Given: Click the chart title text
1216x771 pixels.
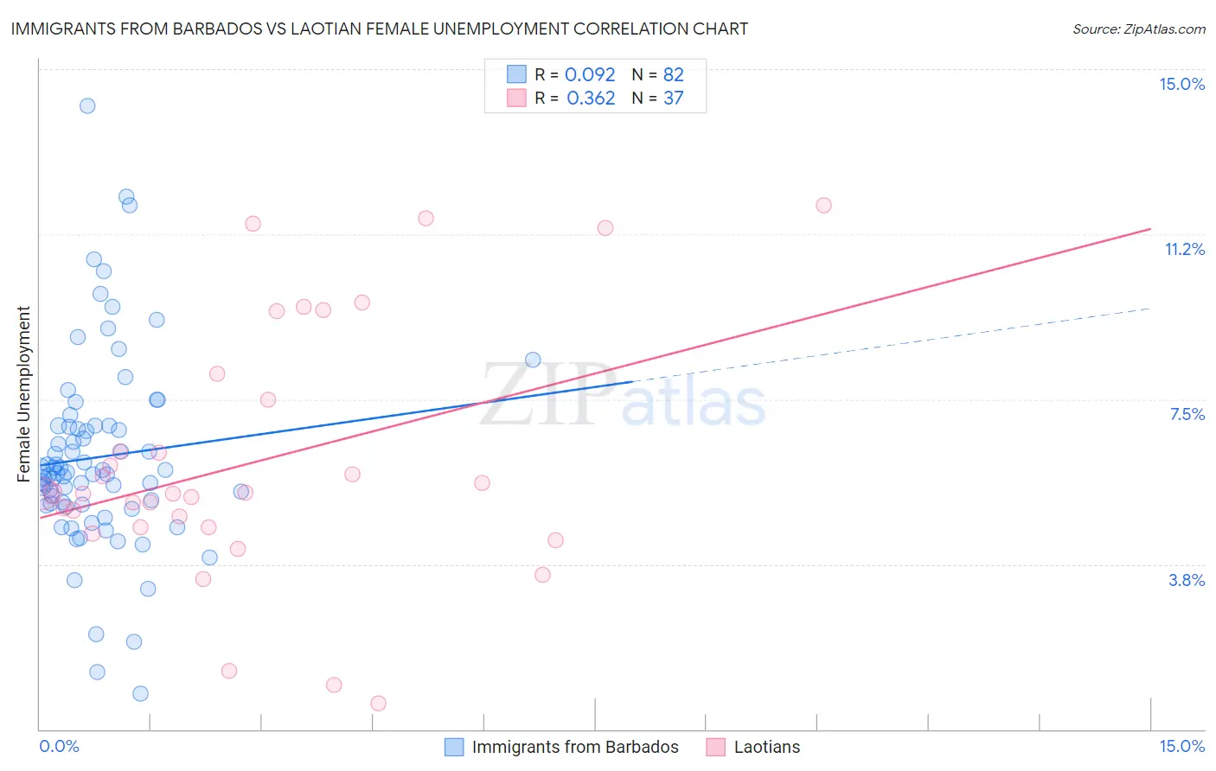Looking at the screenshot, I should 379,29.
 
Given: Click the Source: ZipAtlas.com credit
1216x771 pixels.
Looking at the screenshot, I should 1138,29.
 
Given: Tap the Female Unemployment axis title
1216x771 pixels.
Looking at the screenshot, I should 23,394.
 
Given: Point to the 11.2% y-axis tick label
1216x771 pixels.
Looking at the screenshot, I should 1184,250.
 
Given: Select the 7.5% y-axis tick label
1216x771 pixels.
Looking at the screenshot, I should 1187,415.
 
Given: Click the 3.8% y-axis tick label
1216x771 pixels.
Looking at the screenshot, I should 1187,581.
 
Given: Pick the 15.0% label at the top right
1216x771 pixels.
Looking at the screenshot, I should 1181,84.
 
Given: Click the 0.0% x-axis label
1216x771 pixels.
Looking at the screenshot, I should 59,747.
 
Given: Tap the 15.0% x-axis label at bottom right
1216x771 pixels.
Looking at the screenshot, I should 1181,747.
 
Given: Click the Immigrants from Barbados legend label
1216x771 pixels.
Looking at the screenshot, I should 575,748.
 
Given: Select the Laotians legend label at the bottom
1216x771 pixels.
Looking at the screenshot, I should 767,748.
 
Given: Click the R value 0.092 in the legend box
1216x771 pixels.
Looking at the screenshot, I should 590,75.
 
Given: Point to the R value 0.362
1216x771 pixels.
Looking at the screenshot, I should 591,99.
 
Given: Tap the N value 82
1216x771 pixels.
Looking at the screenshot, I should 673,75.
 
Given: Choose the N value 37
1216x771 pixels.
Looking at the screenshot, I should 673,99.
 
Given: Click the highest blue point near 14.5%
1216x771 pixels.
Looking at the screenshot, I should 87,106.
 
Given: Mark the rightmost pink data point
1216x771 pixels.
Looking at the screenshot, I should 823,206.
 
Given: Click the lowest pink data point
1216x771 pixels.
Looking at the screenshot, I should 378,704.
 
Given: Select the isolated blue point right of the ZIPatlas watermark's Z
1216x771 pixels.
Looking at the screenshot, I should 533,360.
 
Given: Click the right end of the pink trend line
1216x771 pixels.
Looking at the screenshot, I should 1150,229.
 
